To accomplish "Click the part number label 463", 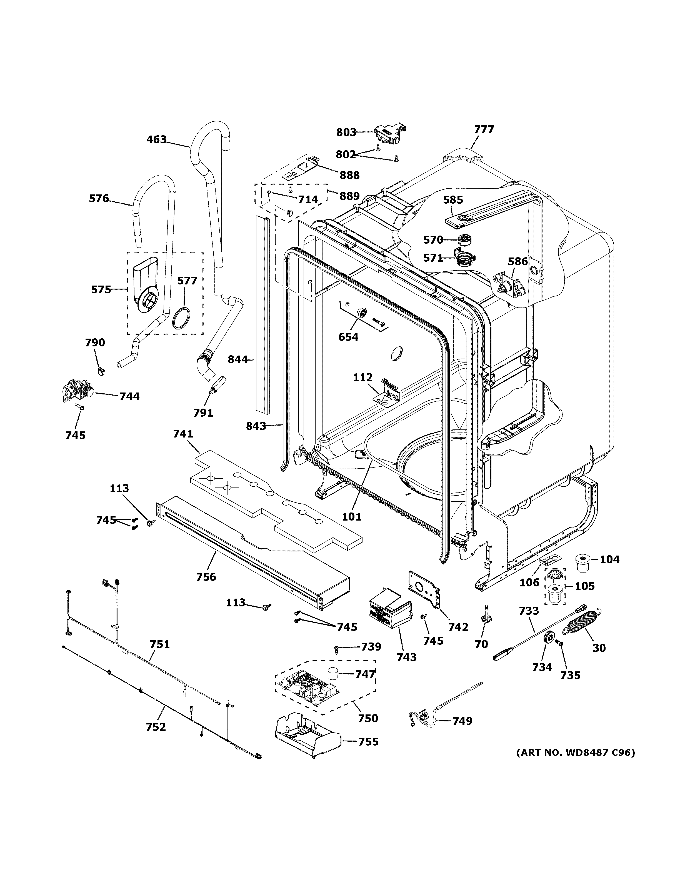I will click(x=156, y=139).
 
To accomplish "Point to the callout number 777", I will click(x=484, y=129).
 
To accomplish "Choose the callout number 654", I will click(x=348, y=337).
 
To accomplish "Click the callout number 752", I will click(x=156, y=727).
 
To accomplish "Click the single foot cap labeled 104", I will click(x=581, y=562).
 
